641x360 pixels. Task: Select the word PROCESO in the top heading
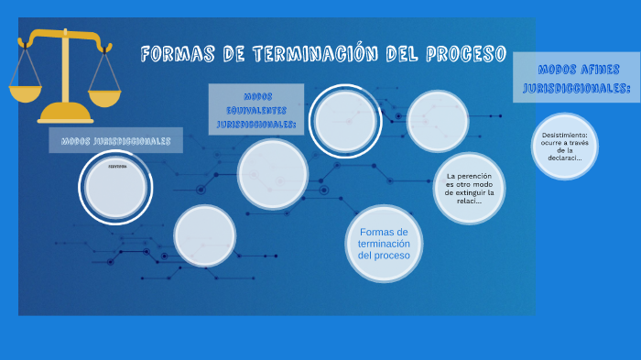[x=466, y=54]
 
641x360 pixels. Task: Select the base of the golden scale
[x=66, y=114]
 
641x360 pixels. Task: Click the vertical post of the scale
[x=66, y=73]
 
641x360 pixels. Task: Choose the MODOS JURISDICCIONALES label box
[x=115, y=141]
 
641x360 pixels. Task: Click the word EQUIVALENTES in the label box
[x=256, y=109]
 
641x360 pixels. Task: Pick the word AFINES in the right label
[x=599, y=69]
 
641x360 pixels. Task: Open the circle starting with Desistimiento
[x=564, y=146]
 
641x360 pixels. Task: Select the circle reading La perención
[x=469, y=188]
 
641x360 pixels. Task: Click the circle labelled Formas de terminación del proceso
[x=384, y=243]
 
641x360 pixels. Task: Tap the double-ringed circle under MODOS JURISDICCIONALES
[x=115, y=187]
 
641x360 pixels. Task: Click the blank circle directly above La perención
[x=438, y=121]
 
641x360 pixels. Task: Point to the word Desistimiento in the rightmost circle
[x=564, y=134]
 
